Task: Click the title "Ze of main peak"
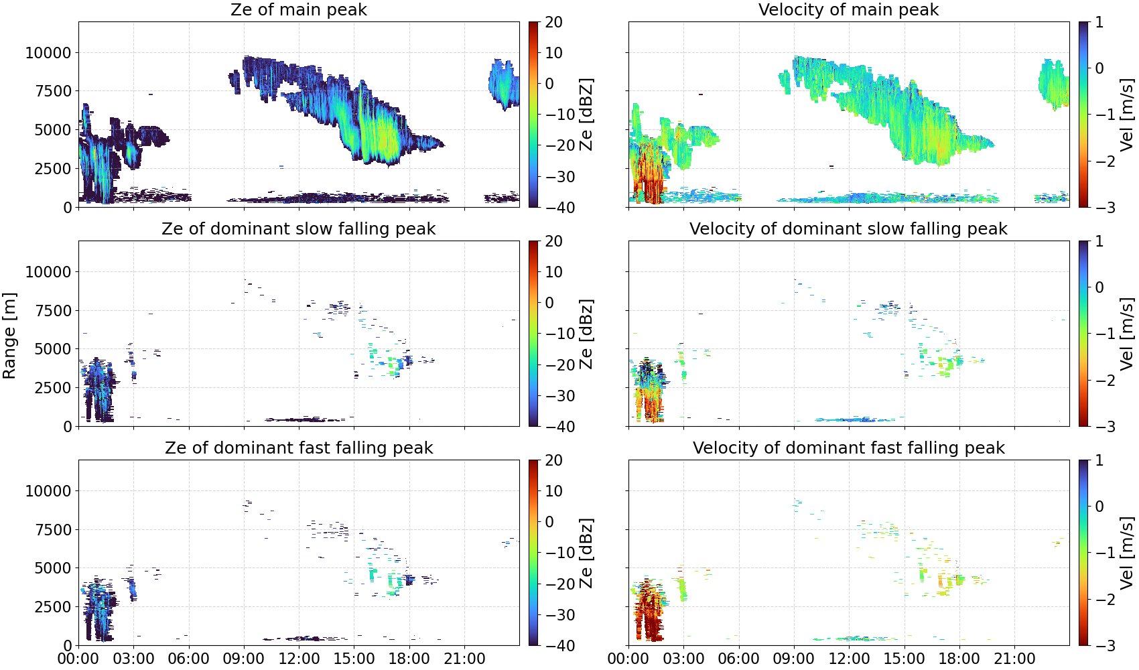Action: [298, 9]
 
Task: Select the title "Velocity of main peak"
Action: [849, 9]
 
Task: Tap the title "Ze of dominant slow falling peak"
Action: [298, 228]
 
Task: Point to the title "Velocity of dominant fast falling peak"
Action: [849, 448]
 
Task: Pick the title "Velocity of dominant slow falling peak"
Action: [849, 228]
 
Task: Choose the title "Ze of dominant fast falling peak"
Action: [298, 448]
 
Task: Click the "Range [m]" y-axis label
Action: [9, 336]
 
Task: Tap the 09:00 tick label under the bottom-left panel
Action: [244, 659]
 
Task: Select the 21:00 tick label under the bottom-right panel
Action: [1014, 659]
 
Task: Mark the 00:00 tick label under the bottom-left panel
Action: [79, 659]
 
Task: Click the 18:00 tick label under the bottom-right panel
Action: [959, 659]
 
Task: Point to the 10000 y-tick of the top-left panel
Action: [49, 52]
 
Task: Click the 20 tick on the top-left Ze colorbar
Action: [553, 22]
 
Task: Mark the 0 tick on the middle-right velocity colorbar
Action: [1099, 287]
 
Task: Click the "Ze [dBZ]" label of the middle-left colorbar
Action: [587, 334]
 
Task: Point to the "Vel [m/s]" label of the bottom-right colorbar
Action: [1128, 553]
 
